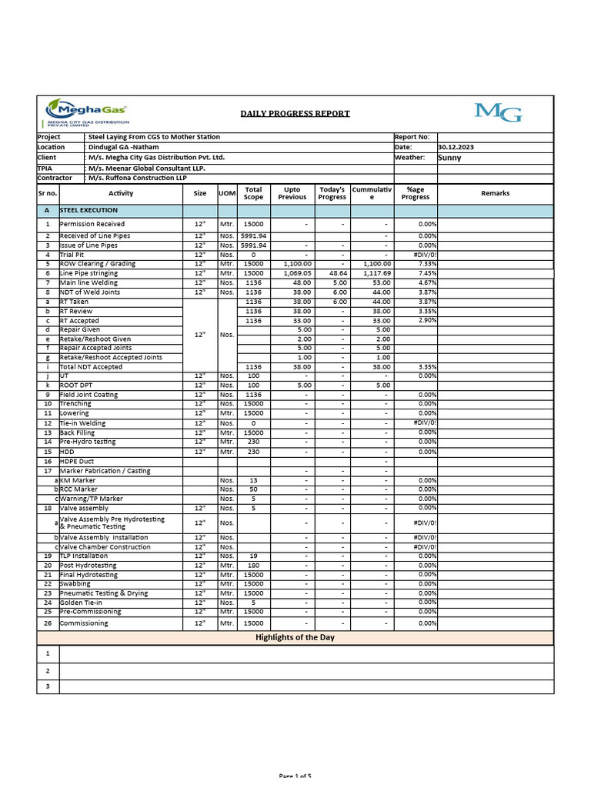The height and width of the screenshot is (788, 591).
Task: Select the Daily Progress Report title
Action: point(295,113)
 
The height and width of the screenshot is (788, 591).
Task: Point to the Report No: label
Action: point(416,137)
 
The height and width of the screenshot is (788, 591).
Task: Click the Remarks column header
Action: point(495,193)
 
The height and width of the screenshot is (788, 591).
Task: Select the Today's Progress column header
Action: point(332,193)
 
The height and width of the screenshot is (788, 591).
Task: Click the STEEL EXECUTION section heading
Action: point(88,210)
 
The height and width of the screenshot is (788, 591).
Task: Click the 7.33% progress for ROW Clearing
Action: point(427,264)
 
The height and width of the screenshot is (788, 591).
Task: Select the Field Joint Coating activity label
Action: point(89,394)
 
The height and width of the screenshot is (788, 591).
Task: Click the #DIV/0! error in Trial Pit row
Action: point(425,255)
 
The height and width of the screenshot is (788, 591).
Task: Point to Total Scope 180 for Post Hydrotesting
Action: point(253,566)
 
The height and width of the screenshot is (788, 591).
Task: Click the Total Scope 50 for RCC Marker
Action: point(253,489)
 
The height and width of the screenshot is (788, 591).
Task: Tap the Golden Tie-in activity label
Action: point(82,603)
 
